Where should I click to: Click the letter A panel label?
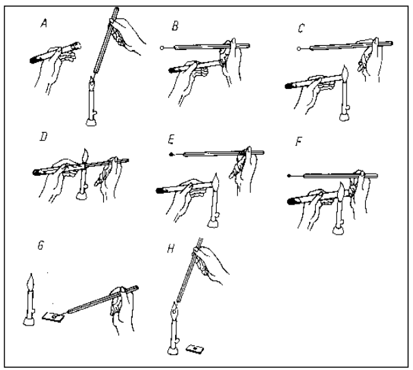click(x=44, y=24)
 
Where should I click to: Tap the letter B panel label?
click(x=175, y=27)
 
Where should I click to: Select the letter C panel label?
click(x=301, y=28)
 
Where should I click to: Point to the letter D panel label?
click(x=44, y=137)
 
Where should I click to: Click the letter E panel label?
click(x=171, y=140)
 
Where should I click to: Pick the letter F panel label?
click(x=298, y=142)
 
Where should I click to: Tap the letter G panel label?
click(x=40, y=246)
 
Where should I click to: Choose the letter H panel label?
click(x=171, y=248)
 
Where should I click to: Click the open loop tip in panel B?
click(x=162, y=48)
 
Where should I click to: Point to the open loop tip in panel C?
click(x=299, y=49)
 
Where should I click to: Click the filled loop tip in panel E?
click(x=171, y=154)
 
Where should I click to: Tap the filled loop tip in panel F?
click(x=289, y=176)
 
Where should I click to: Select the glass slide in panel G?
click(x=53, y=317)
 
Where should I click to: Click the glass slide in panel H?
click(x=195, y=349)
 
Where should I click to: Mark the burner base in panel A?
click(x=91, y=122)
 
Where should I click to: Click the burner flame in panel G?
click(x=31, y=282)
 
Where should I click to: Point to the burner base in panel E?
click(x=213, y=224)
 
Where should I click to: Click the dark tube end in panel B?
click(x=172, y=70)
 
